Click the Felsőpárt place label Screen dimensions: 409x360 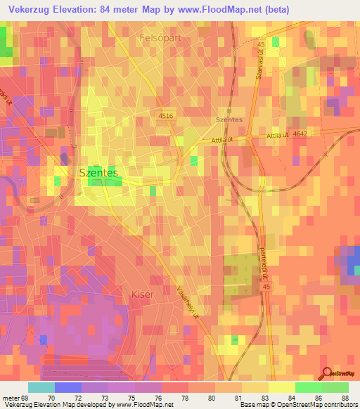[x=160, y=39]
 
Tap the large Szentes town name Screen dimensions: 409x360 [x=98, y=171]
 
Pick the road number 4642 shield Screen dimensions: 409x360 [x=302, y=134]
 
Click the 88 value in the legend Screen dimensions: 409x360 [x=344, y=398]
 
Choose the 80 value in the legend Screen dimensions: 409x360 [x=212, y=398]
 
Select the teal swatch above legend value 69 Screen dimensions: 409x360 [x=41, y=387]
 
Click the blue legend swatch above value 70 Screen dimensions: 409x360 [x=68, y=387]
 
